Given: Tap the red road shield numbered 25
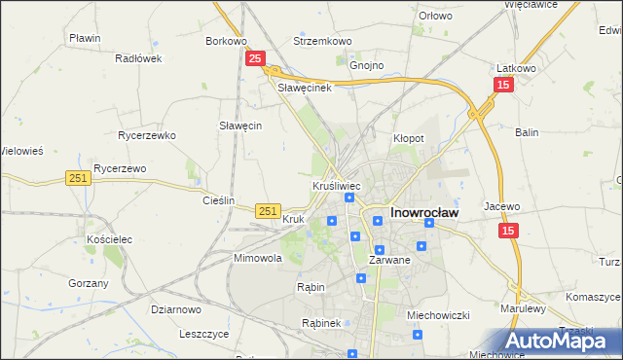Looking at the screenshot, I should (x=254, y=59).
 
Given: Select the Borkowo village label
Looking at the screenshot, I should (x=225, y=42).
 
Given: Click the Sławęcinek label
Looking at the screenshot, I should (x=306, y=88).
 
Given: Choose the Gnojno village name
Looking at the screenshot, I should (x=367, y=65).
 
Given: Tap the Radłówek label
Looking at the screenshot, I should (x=137, y=58).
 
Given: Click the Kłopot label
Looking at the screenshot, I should (x=408, y=139).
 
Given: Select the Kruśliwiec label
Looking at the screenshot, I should (x=337, y=185).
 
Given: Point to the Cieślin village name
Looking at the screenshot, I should (x=218, y=200).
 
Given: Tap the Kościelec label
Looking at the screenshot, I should (x=108, y=238).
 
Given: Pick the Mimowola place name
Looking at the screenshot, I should (x=258, y=259).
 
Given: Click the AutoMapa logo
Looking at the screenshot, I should (x=562, y=341).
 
